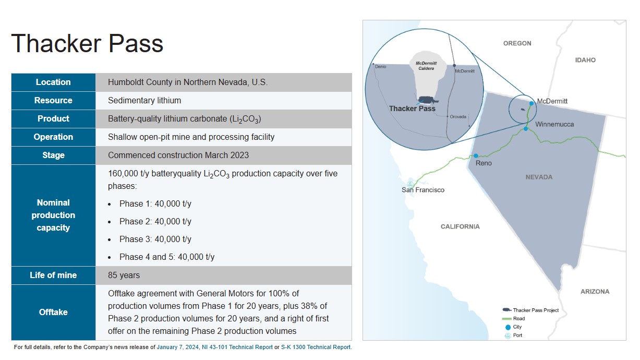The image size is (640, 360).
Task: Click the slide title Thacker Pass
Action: (x=87, y=43)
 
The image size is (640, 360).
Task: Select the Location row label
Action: (x=53, y=82)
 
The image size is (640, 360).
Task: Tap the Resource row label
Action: (x=53, y=101)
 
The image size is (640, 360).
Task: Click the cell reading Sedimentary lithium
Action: (x=144, y=101)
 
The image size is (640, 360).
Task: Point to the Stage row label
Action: (x=53, y=155)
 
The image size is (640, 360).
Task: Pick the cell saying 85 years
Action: (x=124, y=275)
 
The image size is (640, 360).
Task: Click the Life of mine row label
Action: (x=53, y=275)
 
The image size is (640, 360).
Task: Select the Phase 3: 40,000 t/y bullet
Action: (x=155, y=239)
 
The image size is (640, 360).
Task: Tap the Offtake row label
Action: (x=53, y=312)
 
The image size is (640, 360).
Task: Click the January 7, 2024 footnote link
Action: (x=178, y=347)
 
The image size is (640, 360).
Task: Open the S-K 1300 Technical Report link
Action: (x=316, y=347)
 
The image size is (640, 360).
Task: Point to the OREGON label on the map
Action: (x=517, y=43)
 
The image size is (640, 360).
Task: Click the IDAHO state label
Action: (x=585, y=60)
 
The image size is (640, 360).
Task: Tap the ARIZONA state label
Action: (x=595, y=292)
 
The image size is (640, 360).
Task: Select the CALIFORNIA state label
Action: (x=460, y=226)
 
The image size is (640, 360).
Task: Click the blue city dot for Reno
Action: (x=476, y=155)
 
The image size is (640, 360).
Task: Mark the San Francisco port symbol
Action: (x=410, y=183)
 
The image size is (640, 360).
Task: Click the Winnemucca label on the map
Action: (x=554, y=125)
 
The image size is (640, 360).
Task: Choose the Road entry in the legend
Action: (x=518, y=318)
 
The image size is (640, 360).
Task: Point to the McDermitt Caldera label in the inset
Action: (x=426, y=66)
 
